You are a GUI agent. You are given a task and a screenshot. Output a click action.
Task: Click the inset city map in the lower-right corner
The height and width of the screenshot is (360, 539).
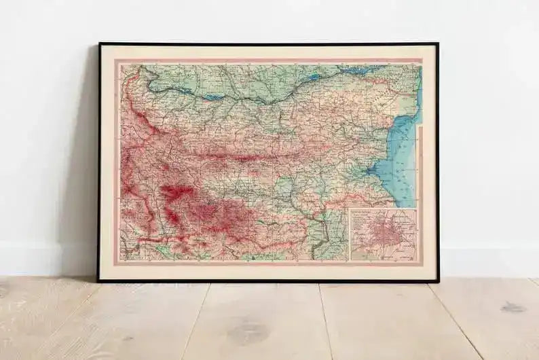[382, 234]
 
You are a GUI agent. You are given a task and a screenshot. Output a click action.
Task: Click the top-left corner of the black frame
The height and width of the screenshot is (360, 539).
[99, 44]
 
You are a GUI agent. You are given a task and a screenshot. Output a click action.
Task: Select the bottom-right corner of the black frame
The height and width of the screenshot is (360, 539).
[437, 280]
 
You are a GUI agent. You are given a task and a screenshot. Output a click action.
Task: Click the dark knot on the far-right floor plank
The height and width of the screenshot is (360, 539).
[513, 307]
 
